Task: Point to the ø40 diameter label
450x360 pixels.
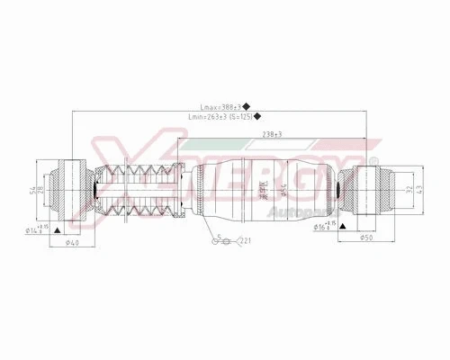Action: pos(73,242)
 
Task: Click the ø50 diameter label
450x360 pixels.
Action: pos(367,238)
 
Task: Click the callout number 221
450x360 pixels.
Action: pos(244,240)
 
